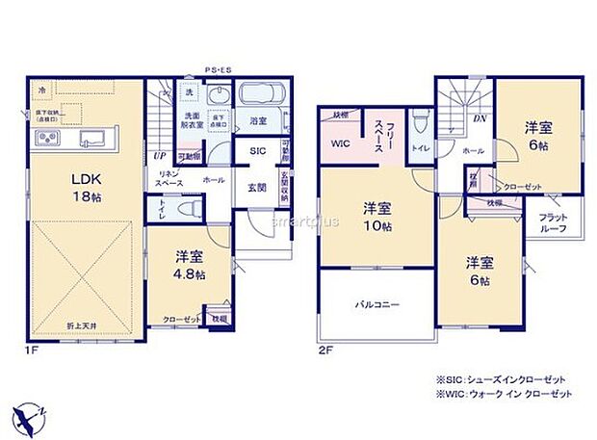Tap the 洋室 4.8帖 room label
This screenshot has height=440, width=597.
coord(189,265)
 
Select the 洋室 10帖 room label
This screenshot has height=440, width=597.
coord(377,217)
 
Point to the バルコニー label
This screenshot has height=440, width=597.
coord(376,304)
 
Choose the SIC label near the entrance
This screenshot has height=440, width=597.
coord(258,152)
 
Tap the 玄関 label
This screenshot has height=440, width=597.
coord(258,188)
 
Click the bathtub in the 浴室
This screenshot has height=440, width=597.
coord(263,96)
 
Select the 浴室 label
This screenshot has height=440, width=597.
coord(258,122)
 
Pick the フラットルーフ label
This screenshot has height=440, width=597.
coord(553,221)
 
